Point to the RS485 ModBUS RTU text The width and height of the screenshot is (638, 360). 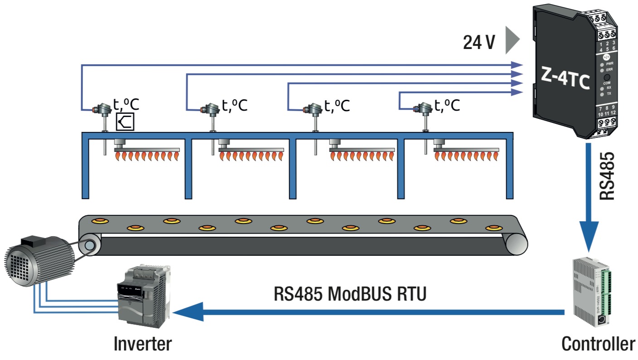click(x=350, y=293)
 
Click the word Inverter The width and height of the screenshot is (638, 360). click(x=143, y=343)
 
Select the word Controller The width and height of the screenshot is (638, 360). click(x=598, y=344)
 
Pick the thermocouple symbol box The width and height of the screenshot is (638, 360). click(x=125, y=122)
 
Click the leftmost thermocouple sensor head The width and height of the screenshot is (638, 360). click(x=102, y=109)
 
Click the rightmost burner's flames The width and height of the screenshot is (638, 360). click(x=467, y=157)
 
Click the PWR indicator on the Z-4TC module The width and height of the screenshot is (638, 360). click(x=603, y=64)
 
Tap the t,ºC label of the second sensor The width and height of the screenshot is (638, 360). click(x=234, y=106)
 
